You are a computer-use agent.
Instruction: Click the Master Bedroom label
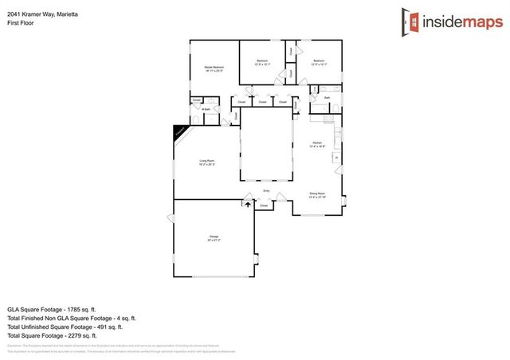click(x=213, y=68)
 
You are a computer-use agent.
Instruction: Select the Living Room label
click(x=207, y=162)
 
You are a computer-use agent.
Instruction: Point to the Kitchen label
click(x=316, y=143)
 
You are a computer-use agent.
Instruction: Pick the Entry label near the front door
click(x=267, y=190)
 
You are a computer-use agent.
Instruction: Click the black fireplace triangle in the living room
click(x=181, y=130)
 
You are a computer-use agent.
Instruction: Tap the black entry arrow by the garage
click(x=248, y=205)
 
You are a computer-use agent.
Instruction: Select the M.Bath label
click(x=206, y=109)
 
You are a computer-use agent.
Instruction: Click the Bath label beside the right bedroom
click(x=327, y=97)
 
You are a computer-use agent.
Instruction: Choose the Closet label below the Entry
click(x=265, y=205)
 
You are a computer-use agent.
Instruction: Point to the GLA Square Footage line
click(x=51, y=309)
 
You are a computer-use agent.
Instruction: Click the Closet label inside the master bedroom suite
click(x=195, y=100)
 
